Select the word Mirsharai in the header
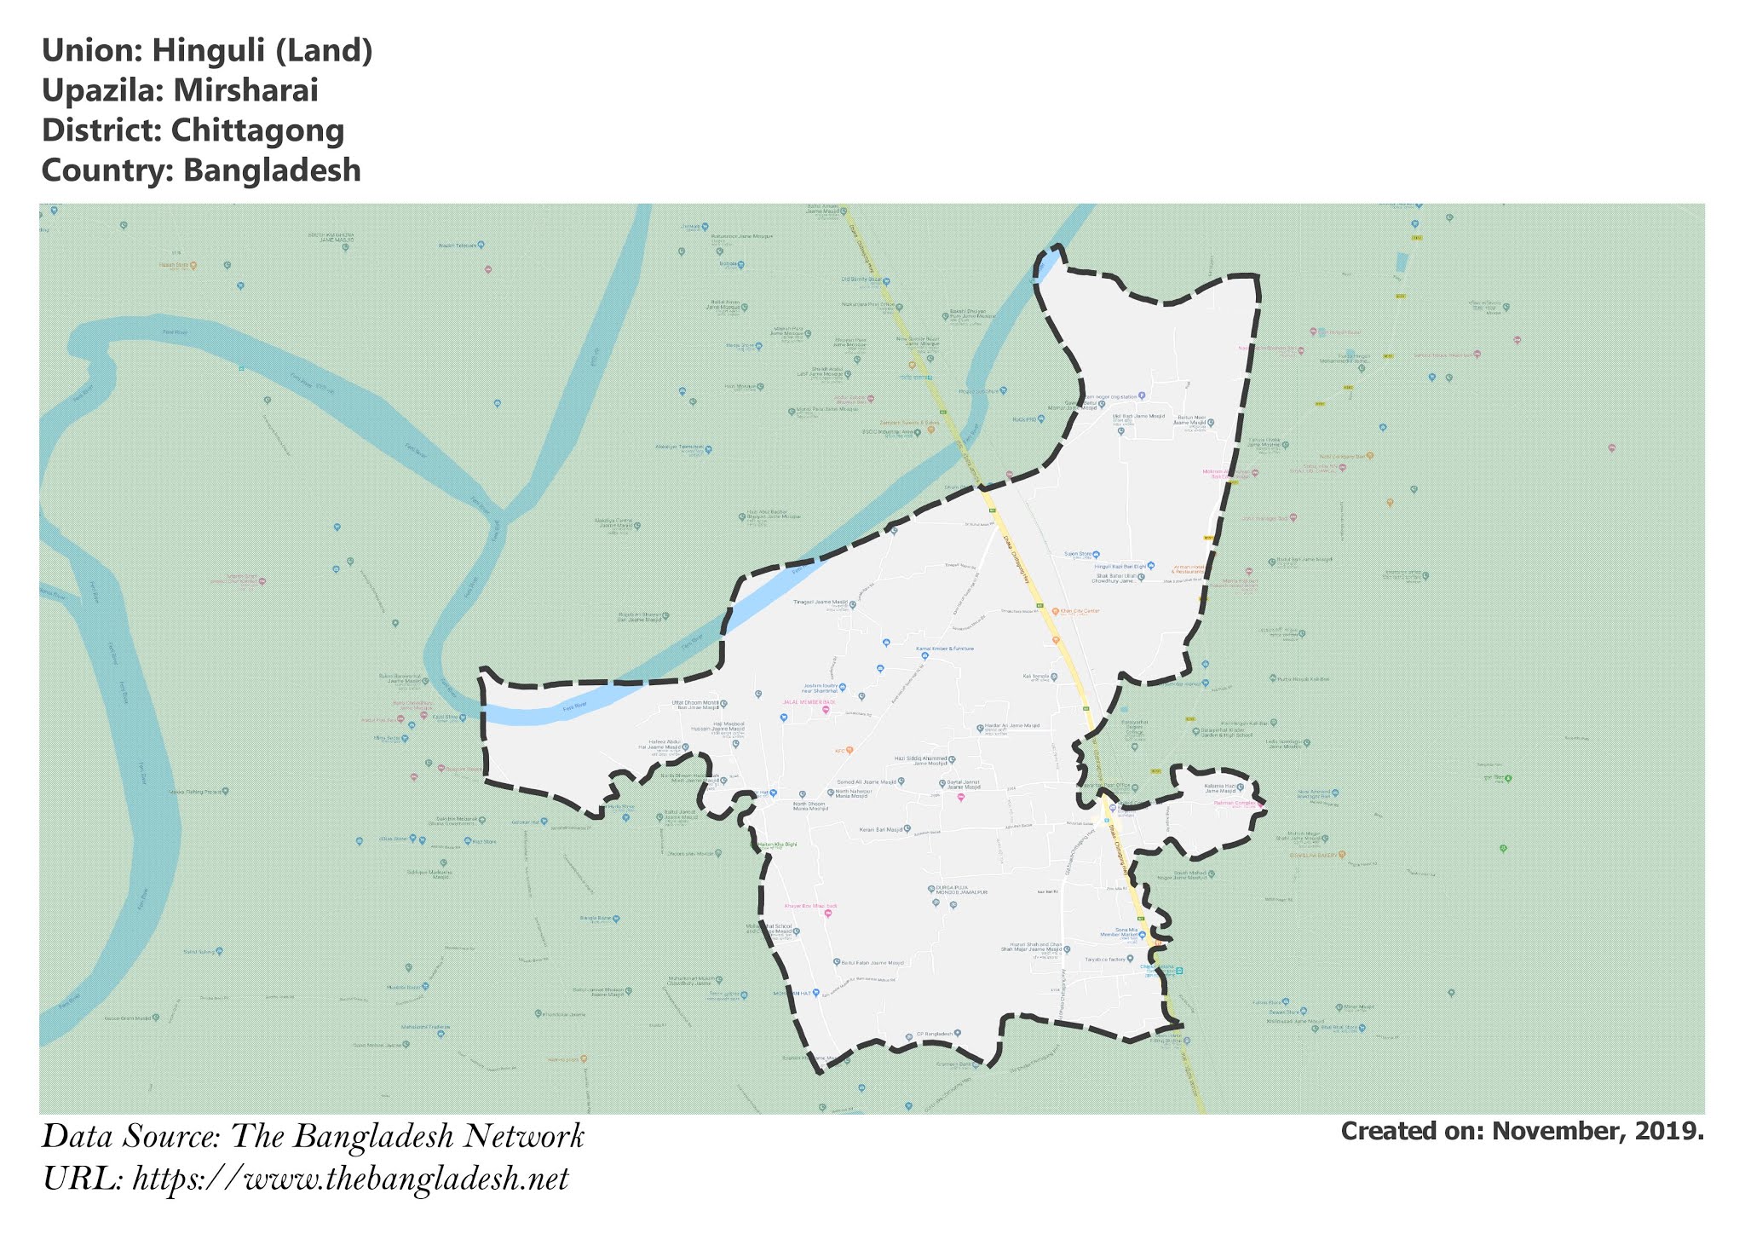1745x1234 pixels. tap(246, 90)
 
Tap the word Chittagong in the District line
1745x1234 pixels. tap(257, 130)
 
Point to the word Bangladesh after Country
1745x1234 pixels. tap(272, 170)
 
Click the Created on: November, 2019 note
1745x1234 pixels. tap(1522, 1131)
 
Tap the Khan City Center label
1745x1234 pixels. tap(1080, 611)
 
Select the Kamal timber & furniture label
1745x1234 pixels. tap(944, 649)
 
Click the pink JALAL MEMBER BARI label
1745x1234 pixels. tap(809, 701)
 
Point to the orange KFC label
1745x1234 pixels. tap(839, 751)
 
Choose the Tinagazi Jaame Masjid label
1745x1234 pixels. tap(821, 602)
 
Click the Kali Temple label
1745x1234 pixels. tap(1034, 677)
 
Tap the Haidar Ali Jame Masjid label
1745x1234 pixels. tap(1012, 726)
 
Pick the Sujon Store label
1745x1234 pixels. tap(1078, 554)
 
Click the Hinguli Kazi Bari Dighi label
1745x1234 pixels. tap(1120, 566)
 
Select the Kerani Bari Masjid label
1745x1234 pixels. tap(881, 828)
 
